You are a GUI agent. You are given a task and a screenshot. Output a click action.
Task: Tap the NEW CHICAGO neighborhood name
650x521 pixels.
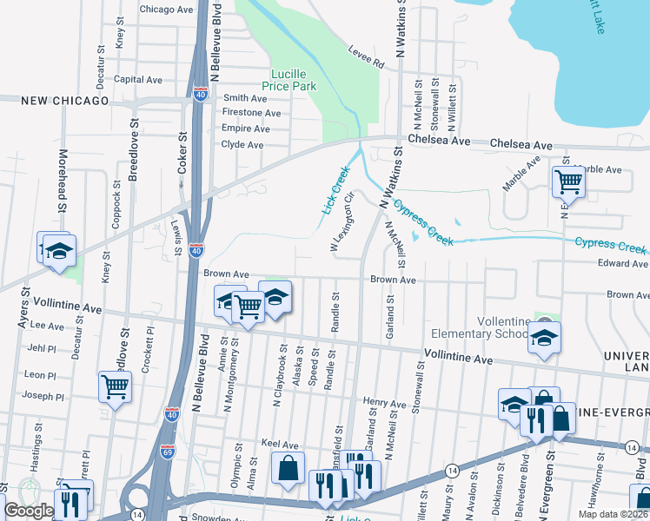(54, 101)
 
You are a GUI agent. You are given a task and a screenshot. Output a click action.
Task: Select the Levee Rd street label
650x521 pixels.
(366, 57)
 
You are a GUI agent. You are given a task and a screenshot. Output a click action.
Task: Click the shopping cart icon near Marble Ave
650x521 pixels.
(568, 181)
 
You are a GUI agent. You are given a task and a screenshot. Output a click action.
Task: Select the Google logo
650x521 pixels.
(29, 511)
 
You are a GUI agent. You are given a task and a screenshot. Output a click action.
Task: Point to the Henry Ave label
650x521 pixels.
(385, 404)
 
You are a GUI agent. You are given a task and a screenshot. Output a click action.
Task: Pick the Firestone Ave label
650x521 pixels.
(251, 113)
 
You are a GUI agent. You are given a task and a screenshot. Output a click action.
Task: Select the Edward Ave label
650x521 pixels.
(622, 263)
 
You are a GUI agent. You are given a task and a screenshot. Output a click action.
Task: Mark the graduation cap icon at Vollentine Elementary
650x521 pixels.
(544, 336)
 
